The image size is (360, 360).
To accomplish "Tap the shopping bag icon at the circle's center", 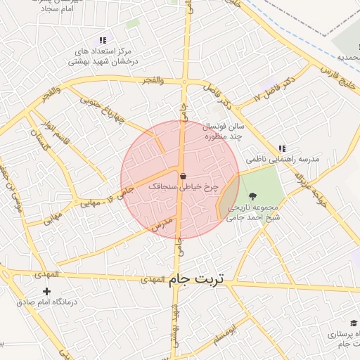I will [183, 176].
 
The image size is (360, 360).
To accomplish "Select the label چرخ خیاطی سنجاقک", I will [184, 187].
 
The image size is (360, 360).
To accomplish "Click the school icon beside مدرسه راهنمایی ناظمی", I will [282, 148].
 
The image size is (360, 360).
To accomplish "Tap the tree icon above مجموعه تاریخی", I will [252, 197].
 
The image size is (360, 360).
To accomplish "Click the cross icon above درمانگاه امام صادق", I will [46, 291].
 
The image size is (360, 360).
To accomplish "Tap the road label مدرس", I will [162, 225].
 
